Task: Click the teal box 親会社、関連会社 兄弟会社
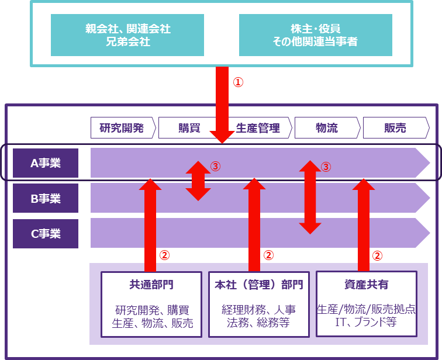pyautogui.click(x=127, y=35)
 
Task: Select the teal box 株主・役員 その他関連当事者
pyautogui.click(x=315, y=35)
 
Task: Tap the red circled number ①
pyautogui.click(x=237, y=82)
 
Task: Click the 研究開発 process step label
pyautogui.click(x=122, y=128)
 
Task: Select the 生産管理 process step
pyautogui.click(x=258, y=128)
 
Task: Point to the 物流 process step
pyautogui.click(x=326, y=128)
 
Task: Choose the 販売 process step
pyautogui.click(x=395, y=128)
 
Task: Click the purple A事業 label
pyautogui.click(x=46, y=163)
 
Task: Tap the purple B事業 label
pyautogui.click(x=46, y=199)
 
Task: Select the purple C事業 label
pyautogui.click(x=46, y=234)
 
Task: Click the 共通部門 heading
pyautogui.click(x=151, y=285)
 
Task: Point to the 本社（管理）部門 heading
pyautogui.click(x=259, y=285)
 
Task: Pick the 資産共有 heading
pyautogui.click(x=367, y=285)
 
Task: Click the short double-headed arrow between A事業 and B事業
pyautogui.click(x=198, y=181)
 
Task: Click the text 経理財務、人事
pyautogui.click(x=259, y=310)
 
